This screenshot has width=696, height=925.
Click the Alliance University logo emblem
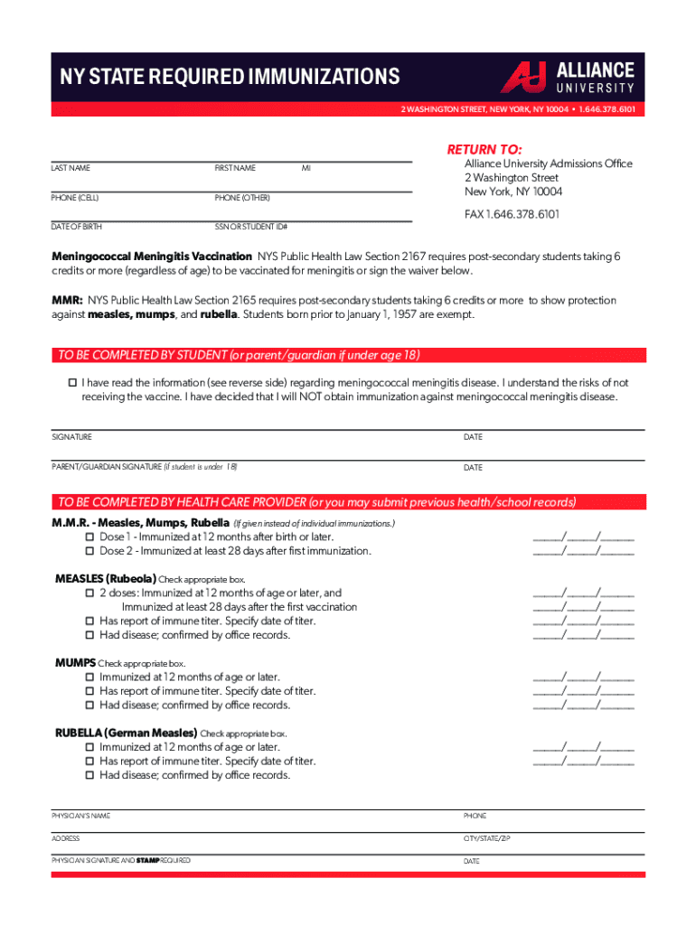click(523, 77)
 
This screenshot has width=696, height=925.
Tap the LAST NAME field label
click(71, 168)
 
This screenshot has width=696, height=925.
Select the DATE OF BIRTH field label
click(75, 227)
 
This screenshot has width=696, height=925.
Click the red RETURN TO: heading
click(485, 149)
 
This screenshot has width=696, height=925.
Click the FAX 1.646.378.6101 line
click(512, 214)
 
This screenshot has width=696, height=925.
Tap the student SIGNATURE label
click(71, 437)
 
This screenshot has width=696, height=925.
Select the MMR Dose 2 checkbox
click(89, 551)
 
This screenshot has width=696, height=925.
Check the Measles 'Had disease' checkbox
click(89, 635)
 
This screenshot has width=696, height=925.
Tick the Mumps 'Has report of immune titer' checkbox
click(89, 691)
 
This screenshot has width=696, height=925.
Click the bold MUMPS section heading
click(76, 663)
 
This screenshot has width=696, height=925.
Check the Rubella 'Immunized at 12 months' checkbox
click(89, 747)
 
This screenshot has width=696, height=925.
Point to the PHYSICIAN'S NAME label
click(81, 816)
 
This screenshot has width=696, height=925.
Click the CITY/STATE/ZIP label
click(487, 839)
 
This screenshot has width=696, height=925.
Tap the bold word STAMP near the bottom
click(147, 861)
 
